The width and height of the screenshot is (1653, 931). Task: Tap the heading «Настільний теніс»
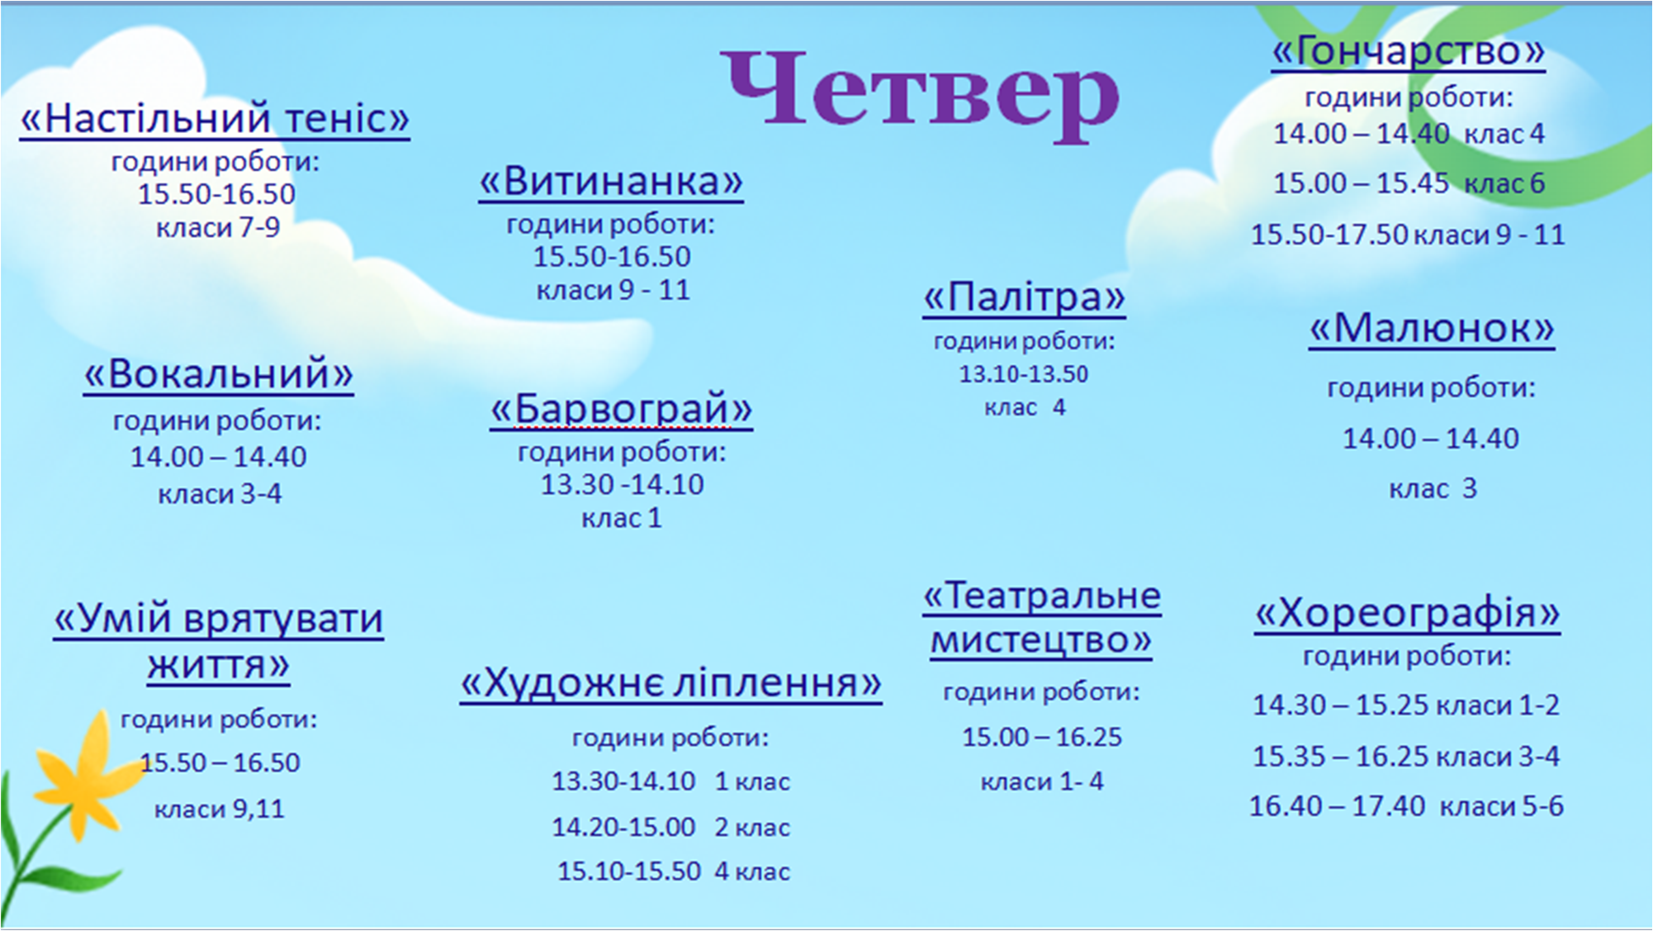click(x=215, y=119)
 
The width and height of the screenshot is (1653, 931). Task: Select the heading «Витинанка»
click(x=611, y=181)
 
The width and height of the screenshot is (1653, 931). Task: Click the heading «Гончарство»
click(x=1408, y=51)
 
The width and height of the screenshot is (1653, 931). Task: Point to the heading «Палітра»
click(x=1024, y=297)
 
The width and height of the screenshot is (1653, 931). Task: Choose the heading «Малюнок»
click(x=1432, y=328)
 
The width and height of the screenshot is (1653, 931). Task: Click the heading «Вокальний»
click(x=218, y=374)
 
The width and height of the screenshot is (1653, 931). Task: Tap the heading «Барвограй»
click(x=621, y=409)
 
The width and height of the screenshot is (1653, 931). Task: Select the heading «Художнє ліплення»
click(x=670, y=683)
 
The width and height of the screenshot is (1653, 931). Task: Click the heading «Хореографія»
click(x=1407, y=614)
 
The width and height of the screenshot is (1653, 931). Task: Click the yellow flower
click(x=83, y=777)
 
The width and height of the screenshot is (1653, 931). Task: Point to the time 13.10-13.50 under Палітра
click(x=1024, y=374)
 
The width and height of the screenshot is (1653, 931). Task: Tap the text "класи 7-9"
click(x=218, y=227)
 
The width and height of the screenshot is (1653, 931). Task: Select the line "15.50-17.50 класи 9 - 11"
click(x=1408, y=235)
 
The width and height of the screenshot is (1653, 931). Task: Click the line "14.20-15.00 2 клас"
click(x=670, y=827)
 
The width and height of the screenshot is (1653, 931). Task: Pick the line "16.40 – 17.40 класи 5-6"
click(x=1406, y=805)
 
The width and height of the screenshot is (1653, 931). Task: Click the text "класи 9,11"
click(x=219, y=809)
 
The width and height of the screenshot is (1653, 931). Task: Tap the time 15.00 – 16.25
click(x=1042, y=737)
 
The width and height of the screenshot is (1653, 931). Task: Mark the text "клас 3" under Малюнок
click(x=1433, y=488)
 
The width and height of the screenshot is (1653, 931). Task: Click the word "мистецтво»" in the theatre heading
click(x=1041, y=641)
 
